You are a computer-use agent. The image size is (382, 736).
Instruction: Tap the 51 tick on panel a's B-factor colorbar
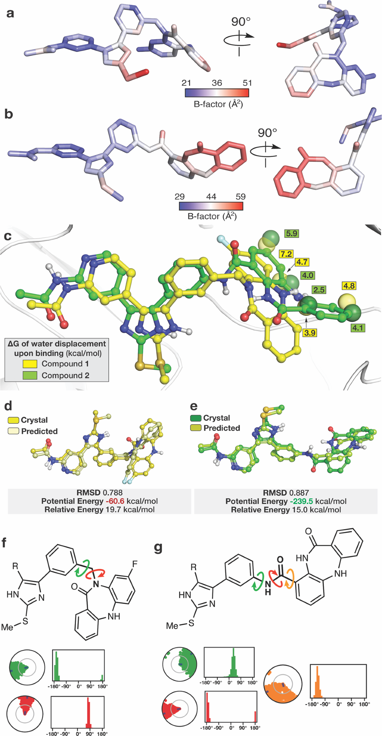point(247,83)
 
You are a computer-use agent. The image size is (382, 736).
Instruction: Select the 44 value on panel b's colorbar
point(211,196)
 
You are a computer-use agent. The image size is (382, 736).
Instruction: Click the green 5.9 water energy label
point(291,234)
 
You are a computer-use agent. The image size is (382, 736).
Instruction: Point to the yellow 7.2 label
point(286,254)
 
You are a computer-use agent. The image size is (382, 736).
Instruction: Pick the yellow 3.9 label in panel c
point(309,333)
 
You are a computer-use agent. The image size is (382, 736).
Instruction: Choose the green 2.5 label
point(318,290)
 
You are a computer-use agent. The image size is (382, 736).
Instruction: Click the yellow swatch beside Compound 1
point(30,364)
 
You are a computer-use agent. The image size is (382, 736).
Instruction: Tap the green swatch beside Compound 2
point(30,375)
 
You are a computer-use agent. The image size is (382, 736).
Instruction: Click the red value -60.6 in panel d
point(114,501)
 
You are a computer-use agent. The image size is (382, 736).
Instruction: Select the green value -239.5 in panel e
point(300,501)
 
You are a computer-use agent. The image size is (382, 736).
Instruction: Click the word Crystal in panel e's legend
point(216,418)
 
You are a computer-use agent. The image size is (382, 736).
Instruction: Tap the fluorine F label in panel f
point(135,565)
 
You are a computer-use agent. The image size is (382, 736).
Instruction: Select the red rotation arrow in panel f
point(96,573)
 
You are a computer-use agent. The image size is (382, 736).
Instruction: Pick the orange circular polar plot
point(283,683)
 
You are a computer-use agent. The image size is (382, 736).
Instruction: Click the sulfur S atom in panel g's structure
point(191,623)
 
